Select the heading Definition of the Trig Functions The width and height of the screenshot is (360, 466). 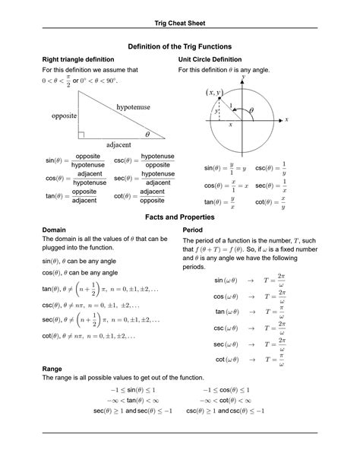180,47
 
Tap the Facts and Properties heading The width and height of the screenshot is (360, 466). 180,217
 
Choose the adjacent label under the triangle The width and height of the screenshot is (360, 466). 118,144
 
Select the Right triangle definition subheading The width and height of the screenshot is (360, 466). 78,59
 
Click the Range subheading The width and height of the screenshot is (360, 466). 52,368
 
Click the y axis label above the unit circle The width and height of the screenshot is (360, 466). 243,78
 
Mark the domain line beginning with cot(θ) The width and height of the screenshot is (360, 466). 89,335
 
